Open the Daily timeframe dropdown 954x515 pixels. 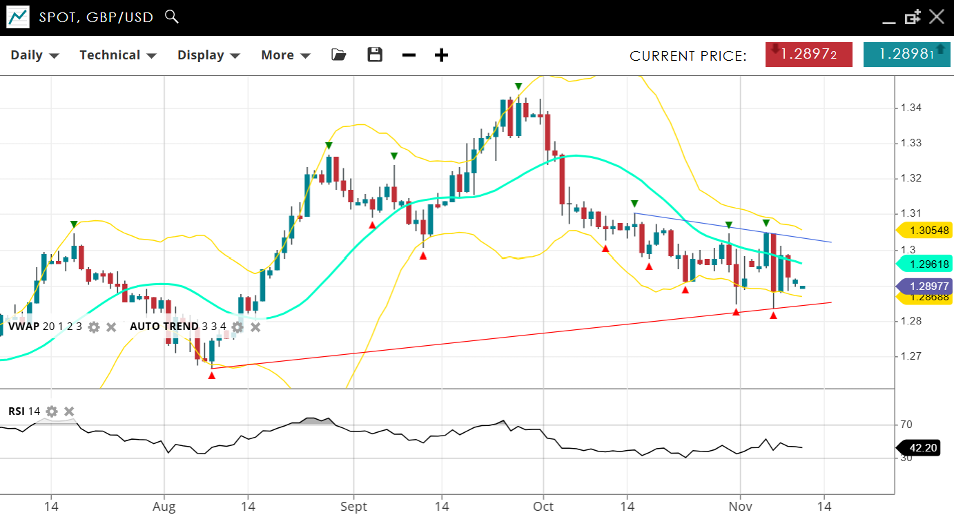(x=35, y=55)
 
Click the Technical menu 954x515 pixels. (x=117, y=55)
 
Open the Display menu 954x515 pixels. (x=208, y=55)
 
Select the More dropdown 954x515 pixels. (x=285, y=55)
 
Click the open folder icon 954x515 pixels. (x=338, y=55)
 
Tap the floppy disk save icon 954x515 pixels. (x=375, y=55)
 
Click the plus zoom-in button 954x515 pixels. (x=441, y=55)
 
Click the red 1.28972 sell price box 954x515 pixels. (x=808, y=55)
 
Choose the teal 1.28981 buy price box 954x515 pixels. (x=906, y=55)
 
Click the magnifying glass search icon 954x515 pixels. (x=172, y=17)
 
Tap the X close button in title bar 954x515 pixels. (x=936, y=17)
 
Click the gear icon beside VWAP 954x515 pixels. (x=94, y=327)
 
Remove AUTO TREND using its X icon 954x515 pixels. (x=255, y=327)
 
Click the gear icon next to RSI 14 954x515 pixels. (x=52, y=411)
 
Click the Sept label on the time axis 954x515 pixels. (x=353, y=506)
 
